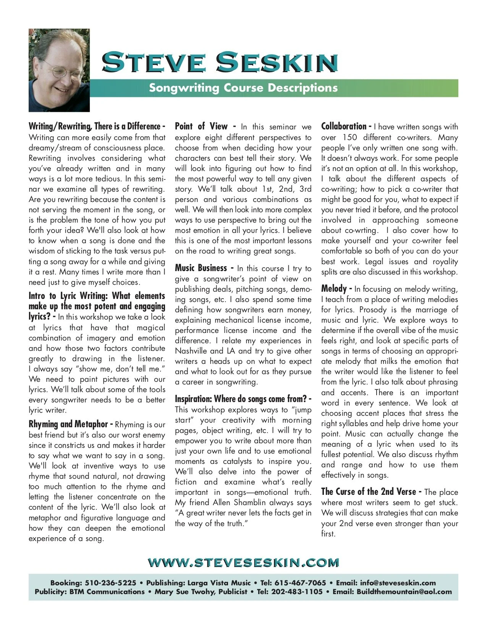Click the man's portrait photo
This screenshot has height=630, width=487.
click(x=59, y=70)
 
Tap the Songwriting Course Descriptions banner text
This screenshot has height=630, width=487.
click(x=243, y=88)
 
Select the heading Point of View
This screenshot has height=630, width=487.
click(x=201, y=126)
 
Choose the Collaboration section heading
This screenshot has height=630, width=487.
click(x=344, y=126)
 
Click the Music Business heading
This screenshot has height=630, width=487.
click(x=201, y=268)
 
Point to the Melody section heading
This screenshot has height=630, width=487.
click(x=334, y=289)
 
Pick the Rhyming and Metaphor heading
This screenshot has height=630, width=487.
click(x=68, y=424)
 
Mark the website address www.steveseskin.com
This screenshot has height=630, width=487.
click(x=243, y=562)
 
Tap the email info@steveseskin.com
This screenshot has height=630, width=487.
click(x=398, y=583)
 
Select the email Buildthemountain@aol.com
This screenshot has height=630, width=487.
click(x=404, y=592)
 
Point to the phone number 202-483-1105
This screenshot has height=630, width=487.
click(x=296, y=592)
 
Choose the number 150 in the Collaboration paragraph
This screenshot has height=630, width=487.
click(x=349, y=137)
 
